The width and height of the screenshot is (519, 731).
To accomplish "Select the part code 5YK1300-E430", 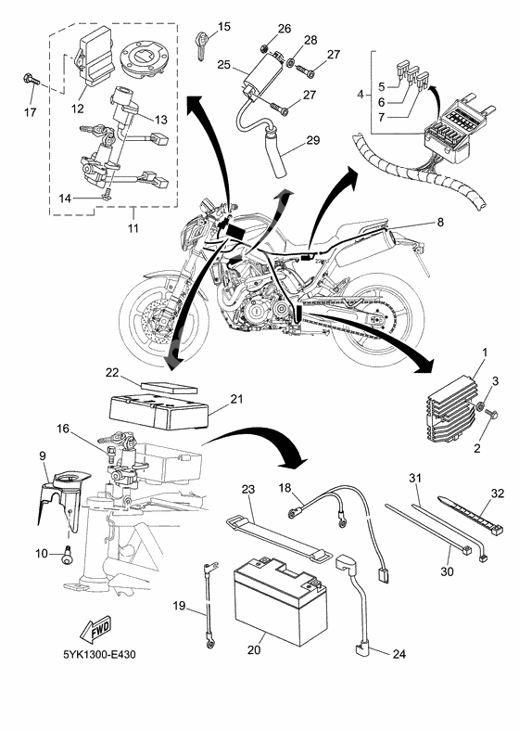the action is [x=100, y=655].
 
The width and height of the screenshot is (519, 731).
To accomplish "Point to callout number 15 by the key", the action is [x=224, y=27].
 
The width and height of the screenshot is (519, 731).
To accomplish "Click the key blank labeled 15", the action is [x=201, y=45].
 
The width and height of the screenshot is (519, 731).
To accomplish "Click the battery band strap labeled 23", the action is [x=279, y=537].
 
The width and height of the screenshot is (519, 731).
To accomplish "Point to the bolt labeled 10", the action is [x=67, y=555].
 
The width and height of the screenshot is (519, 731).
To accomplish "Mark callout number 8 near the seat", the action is [x=440, y=223].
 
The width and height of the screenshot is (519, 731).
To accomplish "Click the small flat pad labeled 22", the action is [x=170, y=388].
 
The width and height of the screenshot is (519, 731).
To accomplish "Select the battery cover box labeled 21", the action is [x=158, y=411].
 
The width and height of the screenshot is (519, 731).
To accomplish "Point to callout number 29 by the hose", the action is [x=313, y=139].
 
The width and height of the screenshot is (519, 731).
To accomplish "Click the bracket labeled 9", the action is [x=58, y=501].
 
